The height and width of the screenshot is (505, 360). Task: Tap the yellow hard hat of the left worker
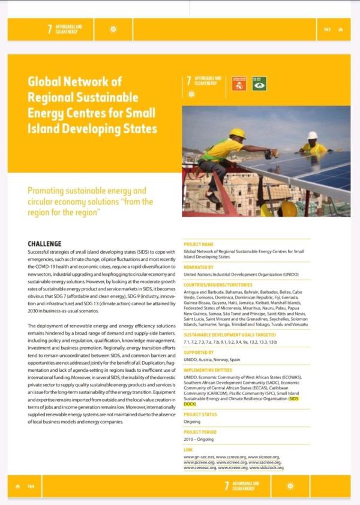coord(238,133)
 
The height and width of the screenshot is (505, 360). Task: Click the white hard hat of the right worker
coord(312,136)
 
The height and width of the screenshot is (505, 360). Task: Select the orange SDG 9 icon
coord(239,83)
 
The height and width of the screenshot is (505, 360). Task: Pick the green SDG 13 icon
coord(259,83)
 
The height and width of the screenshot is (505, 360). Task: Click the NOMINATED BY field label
coord(199,267)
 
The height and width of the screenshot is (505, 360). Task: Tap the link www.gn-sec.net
coord(199,457)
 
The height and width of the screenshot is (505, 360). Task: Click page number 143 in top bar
coord(327,29)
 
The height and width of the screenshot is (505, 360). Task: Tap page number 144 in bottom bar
coord(31,486)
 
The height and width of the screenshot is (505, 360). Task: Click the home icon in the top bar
coord(341,29)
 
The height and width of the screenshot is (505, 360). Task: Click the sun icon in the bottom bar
coord(291,486)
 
